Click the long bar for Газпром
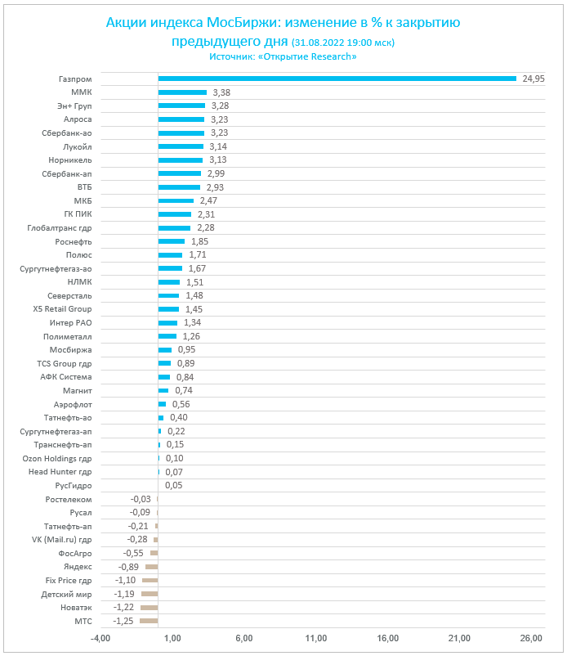tap(337, 79)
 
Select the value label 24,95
tap(534, 79)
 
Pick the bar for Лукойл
tap(181, 146)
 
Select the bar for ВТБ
tap(179, 187)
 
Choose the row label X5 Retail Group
tap(61, 309)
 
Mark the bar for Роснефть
tap(171, 241)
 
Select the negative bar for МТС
tap(149, 621)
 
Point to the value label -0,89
tap(128, 567)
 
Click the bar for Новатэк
tap(149, 608)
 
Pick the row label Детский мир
tap(66, 594)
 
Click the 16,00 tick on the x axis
tap(387, 638)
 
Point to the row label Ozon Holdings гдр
tap(57, 458)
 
